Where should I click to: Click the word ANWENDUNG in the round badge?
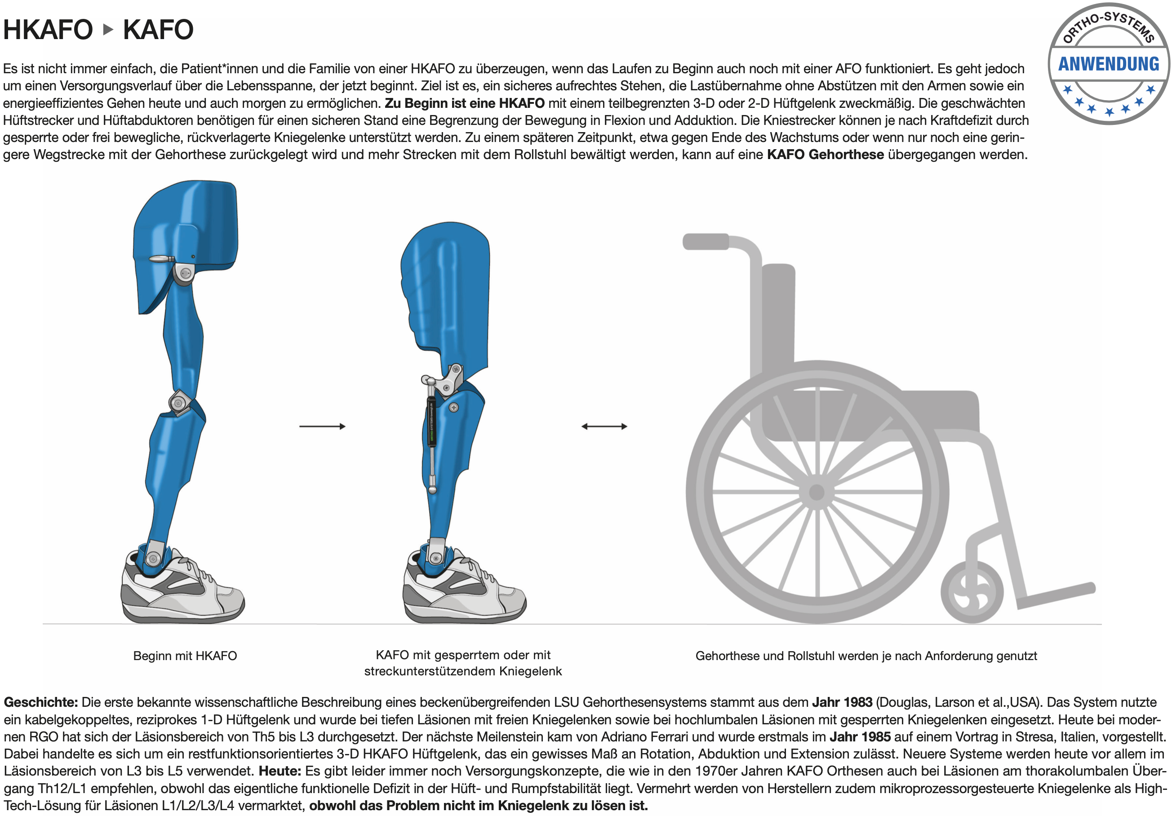pos(1109,64)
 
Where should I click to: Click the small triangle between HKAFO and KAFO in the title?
pos(108,30)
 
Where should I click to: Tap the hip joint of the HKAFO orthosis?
pos(184,273)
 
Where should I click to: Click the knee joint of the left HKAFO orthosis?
pos(179,403)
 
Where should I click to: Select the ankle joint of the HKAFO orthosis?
pos(153,557)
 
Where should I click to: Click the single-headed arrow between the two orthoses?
pos(322,426)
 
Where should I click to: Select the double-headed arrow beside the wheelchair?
pos(604,426)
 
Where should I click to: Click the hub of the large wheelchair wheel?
pos(817,492)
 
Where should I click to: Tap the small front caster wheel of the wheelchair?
pos(972,592)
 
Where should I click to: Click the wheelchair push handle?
pos(706,241)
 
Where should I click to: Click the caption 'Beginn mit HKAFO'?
pos(185,656)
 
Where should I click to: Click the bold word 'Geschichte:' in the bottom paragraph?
pos(41,703)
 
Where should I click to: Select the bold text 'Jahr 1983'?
pos(842,702)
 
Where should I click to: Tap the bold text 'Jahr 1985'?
pos(860,737)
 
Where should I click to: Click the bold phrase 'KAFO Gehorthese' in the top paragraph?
pos(826,155)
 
